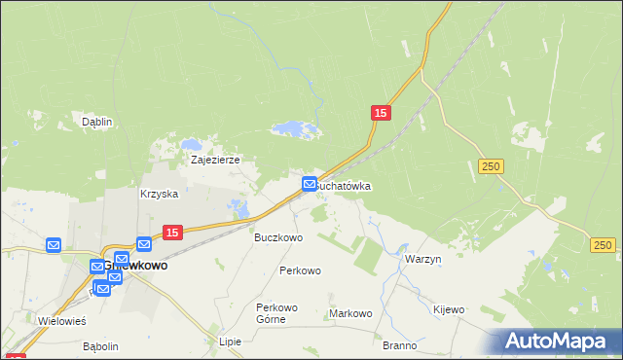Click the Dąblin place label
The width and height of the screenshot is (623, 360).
click(97, 122)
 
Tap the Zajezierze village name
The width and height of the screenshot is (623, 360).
click(215, 160)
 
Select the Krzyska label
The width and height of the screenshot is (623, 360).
click(160, 194)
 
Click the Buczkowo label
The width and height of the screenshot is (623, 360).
click(278, 236)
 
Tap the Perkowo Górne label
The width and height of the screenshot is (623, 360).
click(276, 312)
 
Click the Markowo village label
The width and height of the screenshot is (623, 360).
click(351, 313)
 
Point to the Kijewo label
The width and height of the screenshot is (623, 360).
click(449, 309)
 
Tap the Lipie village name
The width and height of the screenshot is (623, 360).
click(230, 342)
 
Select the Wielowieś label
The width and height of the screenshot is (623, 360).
click(61, 320)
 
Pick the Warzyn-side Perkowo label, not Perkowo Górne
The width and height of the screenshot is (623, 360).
click(300, 270)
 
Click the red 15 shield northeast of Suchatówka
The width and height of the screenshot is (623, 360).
click(381, 114)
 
